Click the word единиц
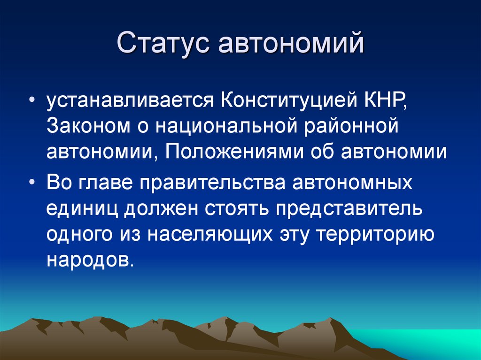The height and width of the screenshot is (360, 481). click(x=82, y=208)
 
